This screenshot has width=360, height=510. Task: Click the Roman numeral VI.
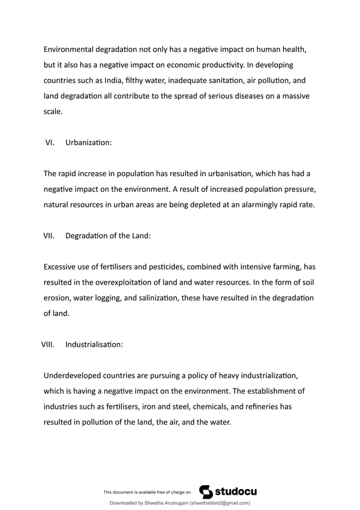pyautogui.click(x=50, y=143)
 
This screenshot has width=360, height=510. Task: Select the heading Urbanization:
pyautogui.click(x=89, y=143)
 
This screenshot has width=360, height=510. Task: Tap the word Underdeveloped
pyautogui.click(x=75, y=375)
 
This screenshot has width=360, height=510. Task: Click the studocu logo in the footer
pyautogui.click(x=229, y=491)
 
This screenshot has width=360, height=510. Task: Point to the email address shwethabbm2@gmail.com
pyautogui.click(x=218, y=503)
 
